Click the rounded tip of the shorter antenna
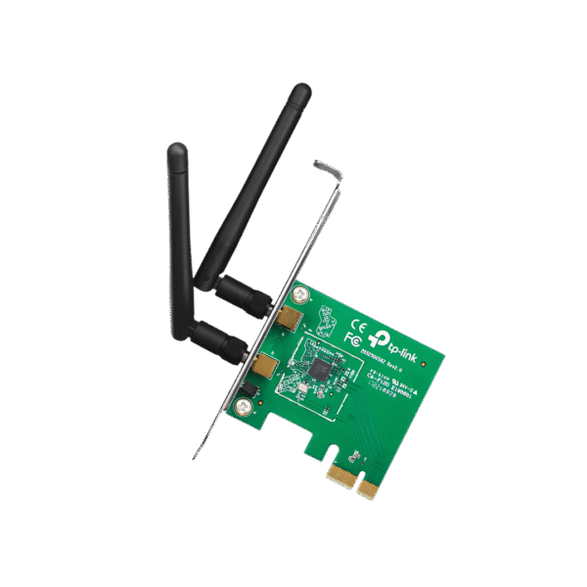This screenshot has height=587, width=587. [176, 152]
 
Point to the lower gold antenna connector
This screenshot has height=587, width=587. [264, 366]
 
